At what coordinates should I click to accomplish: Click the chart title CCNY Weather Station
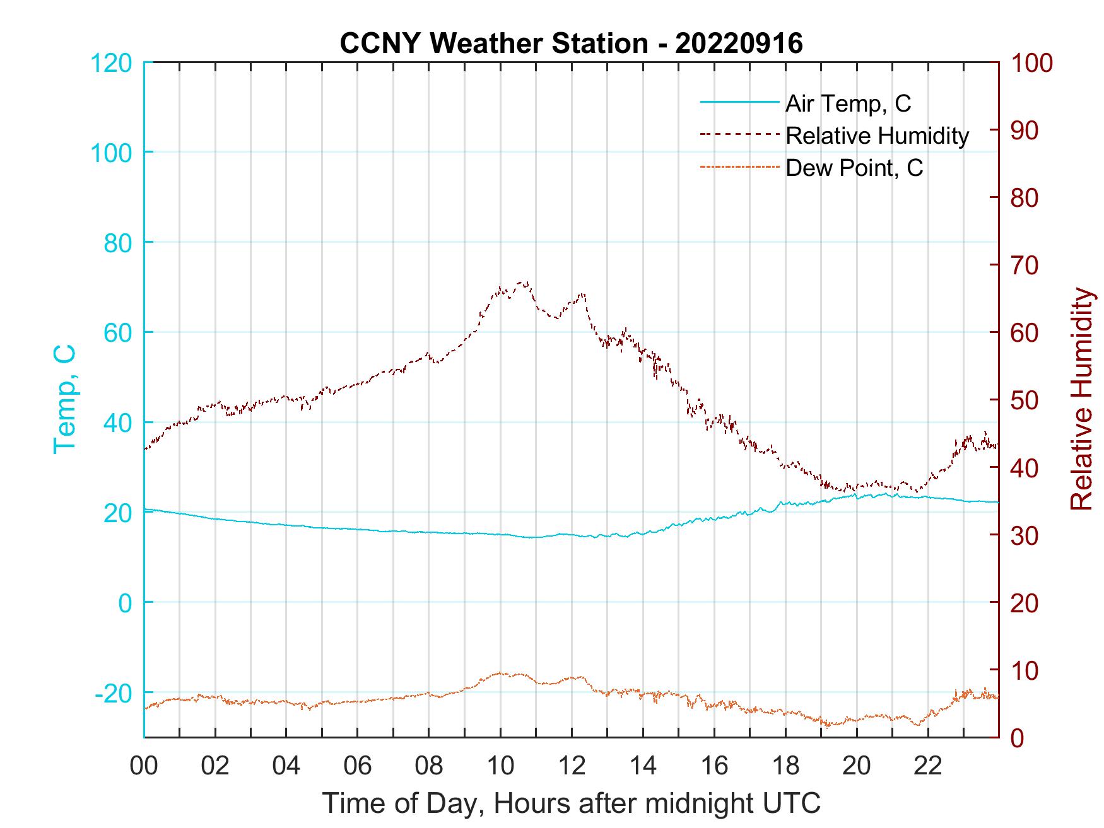[571, 44]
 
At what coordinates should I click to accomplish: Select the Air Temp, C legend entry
[848, 103]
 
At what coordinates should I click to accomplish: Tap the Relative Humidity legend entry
[877, 136]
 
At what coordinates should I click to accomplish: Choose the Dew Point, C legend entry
[854, 168]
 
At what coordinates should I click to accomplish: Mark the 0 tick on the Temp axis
[126, 603]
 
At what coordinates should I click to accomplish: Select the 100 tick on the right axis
[1031, 62]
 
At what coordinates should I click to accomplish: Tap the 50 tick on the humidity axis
[1026, 400]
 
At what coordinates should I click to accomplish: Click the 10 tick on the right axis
[1026, 670]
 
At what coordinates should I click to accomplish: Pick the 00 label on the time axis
[144, 766]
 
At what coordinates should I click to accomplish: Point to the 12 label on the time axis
[572, 766]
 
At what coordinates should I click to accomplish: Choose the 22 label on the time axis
[928, 766]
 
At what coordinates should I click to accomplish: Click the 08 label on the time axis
[429, 766]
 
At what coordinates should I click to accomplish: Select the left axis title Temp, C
[64, 399]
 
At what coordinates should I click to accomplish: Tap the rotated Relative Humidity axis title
[1081, 399]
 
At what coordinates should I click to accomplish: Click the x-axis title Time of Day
[571, 803]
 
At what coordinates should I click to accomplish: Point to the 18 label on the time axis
[785, 766]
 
